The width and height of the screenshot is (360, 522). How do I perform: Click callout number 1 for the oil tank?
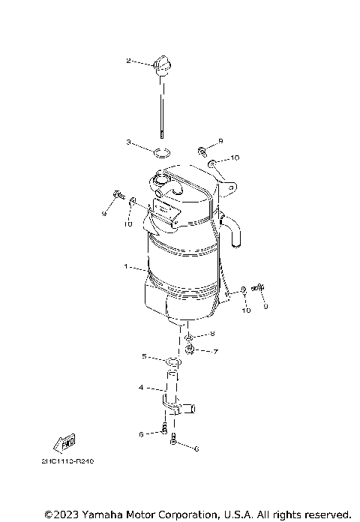[x=127, y=266]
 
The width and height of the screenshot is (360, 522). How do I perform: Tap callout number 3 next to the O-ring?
[x=129, y=142]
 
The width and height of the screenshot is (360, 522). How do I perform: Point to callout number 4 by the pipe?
[x=141, y=388]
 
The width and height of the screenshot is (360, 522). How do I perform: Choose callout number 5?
[x=145, y=356]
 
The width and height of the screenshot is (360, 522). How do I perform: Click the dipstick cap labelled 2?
[x=160, y=64]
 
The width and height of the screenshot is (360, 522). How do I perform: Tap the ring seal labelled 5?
[x=173, y=364]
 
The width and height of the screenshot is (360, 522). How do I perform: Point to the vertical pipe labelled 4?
[x=175, y=390]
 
